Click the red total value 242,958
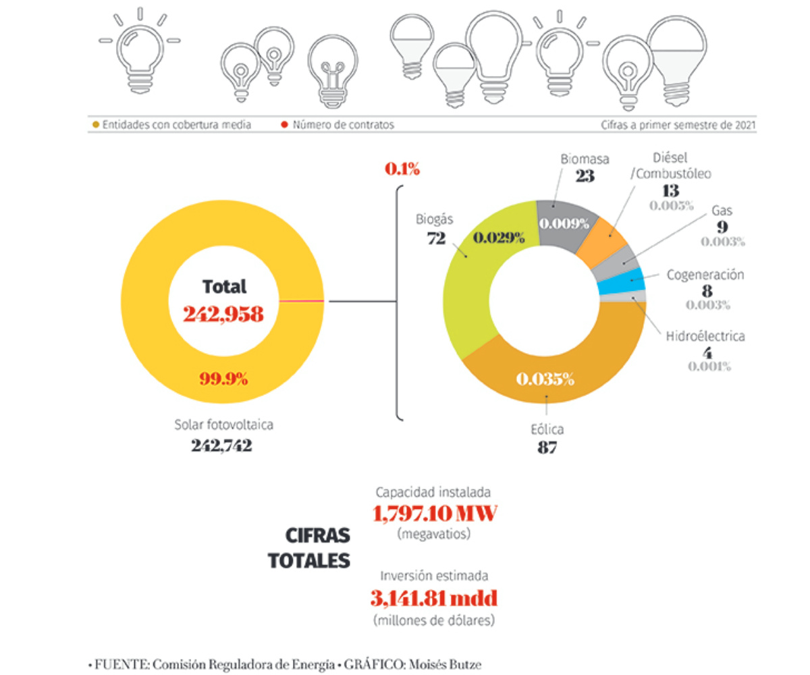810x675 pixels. (223, 314)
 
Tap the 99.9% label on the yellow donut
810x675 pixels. (223, 378)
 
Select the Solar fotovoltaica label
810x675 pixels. (213, 425)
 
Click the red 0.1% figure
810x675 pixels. (402, 169)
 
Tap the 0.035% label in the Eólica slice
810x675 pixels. (545, 379)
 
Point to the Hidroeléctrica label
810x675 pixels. (705, 335)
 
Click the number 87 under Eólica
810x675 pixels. (547, 447)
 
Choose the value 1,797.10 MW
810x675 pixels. (435, 514)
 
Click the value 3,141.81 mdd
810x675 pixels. (435, 597)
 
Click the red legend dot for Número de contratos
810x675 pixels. (285, 125)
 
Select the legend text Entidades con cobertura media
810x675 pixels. (177, 125)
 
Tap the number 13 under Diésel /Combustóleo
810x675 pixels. (670, 190)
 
